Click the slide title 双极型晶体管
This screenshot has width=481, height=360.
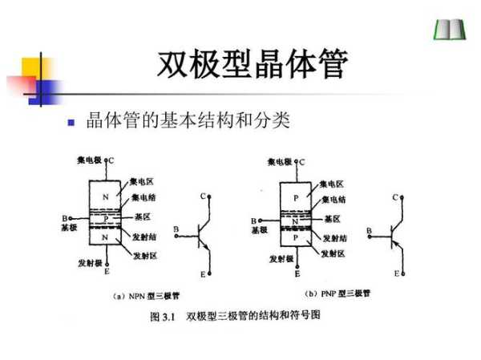click(x=253, y=64)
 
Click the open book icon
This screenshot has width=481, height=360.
click(x=445, y=30)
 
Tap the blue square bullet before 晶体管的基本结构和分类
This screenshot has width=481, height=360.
click(x=71, y=123)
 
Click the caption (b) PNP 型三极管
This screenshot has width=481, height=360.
click(x=338, y=293)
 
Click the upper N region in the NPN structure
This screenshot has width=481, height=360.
click(x=103, y=197)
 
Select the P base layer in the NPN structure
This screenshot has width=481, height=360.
click(x=103, y=217)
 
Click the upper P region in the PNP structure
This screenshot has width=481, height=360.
click(x=296, y=197)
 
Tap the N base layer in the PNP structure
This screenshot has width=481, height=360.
click(x=296, y=219)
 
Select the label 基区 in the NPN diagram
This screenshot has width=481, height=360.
click(x=142, y=217)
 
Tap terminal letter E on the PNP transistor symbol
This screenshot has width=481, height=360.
click(x=396, y=274)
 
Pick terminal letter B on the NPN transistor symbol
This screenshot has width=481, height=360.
click(x=176, y=231)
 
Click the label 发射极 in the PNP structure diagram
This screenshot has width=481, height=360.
click(x=281, y=259)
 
